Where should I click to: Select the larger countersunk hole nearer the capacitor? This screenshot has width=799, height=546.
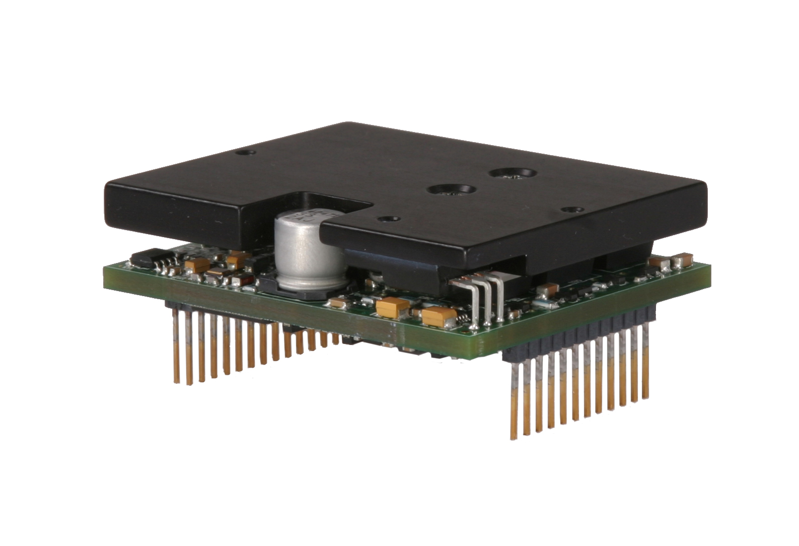pos(451,190)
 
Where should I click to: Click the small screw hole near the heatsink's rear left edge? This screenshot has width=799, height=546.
pos(245,151)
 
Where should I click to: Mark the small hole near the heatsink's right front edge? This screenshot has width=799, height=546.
pos(570,208)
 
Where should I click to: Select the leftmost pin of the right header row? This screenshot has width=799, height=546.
pos(515,398)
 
